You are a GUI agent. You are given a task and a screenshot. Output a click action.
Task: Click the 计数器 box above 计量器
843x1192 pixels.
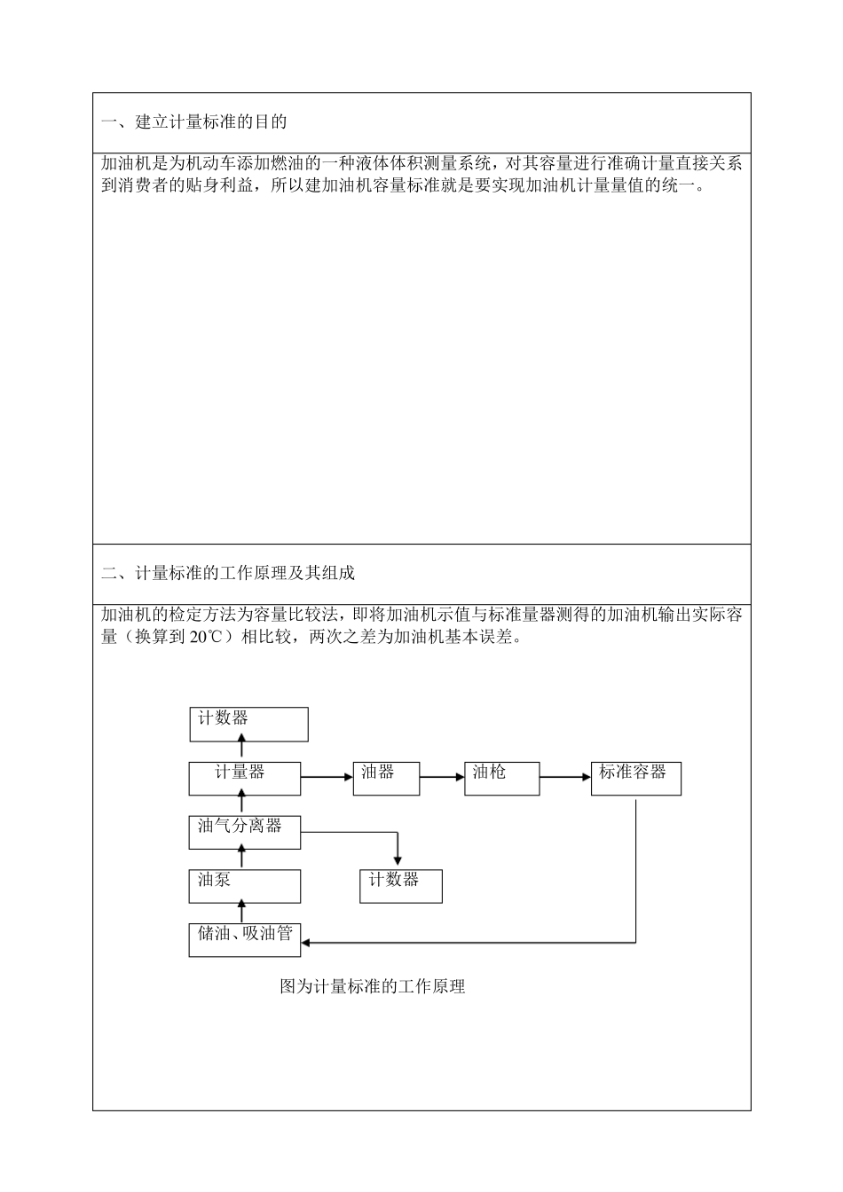tap(248, 724)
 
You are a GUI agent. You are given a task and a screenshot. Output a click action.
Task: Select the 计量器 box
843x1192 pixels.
tap(244, 778)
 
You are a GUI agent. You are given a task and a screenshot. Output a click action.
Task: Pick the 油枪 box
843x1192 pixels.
tap(501, 778)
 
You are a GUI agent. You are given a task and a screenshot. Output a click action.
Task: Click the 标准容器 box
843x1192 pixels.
tap(635, 778)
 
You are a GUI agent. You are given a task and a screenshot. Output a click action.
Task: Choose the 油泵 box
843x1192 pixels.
tap(244, 885)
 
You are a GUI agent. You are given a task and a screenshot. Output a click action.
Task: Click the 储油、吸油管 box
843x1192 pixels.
tap(244, 939)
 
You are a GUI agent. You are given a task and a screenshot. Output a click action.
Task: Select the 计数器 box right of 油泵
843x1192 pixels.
tap(400, 885)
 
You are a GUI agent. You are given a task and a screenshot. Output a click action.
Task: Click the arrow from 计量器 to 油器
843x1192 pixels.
tap(327, 778)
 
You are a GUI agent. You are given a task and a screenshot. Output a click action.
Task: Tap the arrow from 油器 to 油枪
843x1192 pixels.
tap(442, 778)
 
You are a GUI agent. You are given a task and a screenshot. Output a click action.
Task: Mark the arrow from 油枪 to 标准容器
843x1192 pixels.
tap(564, 778)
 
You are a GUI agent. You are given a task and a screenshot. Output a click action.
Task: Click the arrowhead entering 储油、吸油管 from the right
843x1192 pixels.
tap(307, 942)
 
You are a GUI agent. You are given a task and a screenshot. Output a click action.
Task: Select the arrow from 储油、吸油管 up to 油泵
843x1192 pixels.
tap(241, 911)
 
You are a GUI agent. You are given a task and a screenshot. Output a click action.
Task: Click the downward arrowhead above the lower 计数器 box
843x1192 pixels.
tap(398, 859)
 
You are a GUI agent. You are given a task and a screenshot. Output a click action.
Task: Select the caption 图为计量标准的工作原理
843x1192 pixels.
tap(373, 986)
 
